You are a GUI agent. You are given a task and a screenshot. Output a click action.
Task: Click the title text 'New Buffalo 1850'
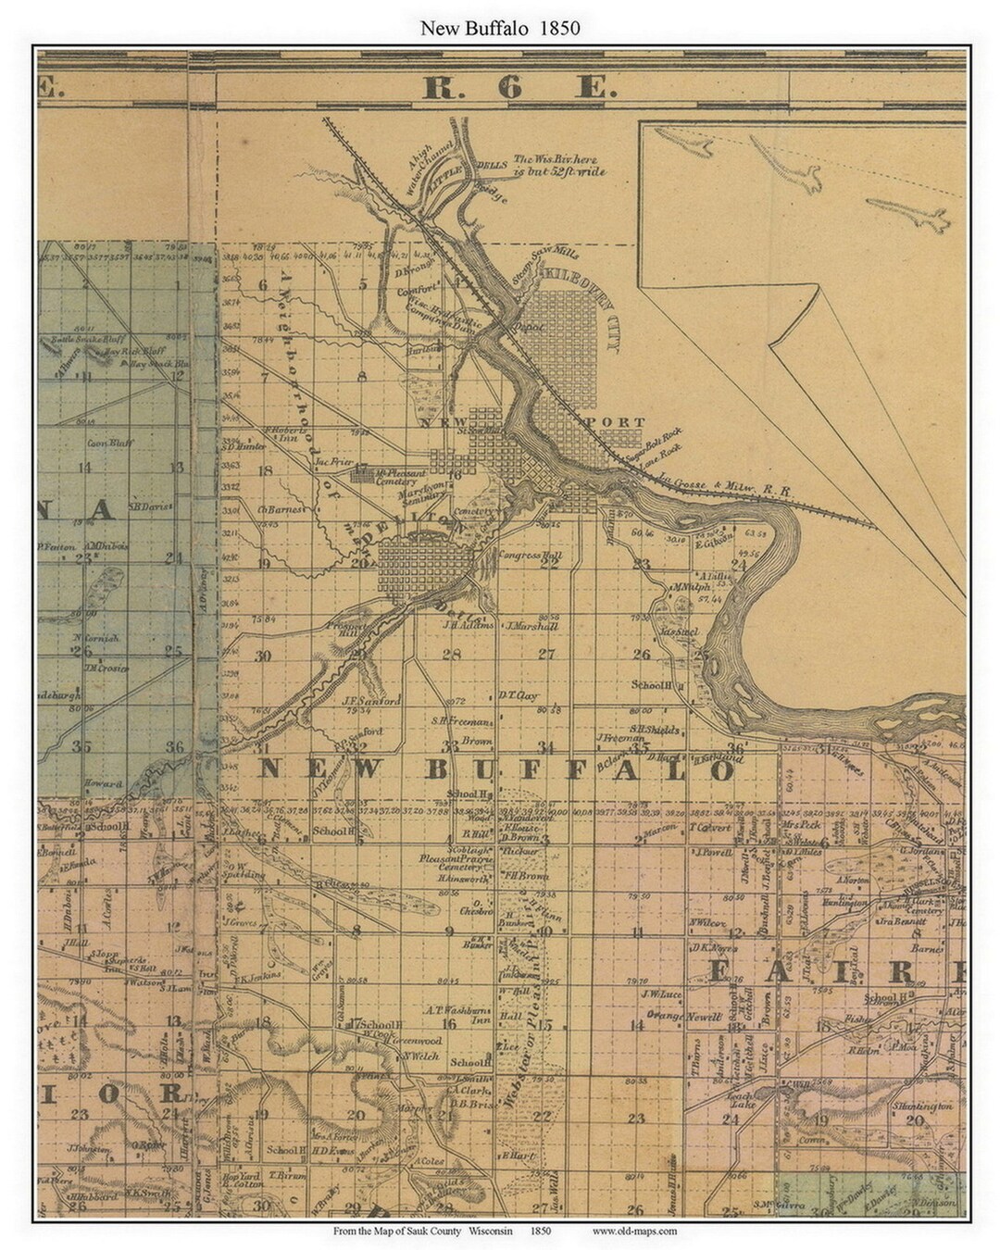pos(500,28)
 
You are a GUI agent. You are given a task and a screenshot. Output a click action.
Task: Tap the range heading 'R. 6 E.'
pos(518,89)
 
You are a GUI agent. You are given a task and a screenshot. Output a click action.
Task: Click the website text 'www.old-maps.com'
pos(633,1231)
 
